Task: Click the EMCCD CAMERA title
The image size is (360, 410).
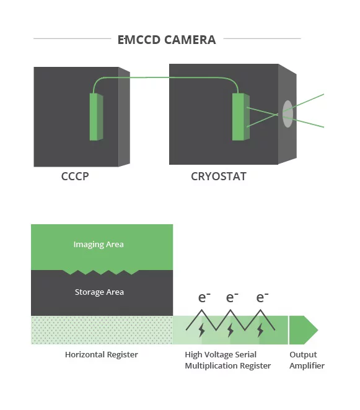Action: coord(167,40)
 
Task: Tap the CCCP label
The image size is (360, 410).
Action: coord(75,177)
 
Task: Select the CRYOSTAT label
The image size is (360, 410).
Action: coord(219,177)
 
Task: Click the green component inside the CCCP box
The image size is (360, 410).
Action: coord(96,116)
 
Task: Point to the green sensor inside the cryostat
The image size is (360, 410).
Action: coord(240,116)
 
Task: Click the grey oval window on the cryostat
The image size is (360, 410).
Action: coord(288,114)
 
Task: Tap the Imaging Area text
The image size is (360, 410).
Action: coord(99,245)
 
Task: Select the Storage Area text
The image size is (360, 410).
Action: coord(99,292)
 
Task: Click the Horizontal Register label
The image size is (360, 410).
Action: coord(101,354)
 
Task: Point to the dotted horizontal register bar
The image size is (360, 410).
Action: coord(102,330)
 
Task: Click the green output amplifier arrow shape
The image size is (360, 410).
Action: coord(304,330)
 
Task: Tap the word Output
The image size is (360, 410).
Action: coord(303,354)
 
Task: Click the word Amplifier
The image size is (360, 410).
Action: coord(307,365)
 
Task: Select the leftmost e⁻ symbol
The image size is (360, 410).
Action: coord(204,297)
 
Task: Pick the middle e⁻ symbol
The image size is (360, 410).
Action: coord(232,297)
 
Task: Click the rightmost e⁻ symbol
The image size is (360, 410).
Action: coord(262,297)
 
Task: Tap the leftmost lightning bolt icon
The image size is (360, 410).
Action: coord(202,330)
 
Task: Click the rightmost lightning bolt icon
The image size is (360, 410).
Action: coord(260,330)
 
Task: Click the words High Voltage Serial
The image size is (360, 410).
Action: coord(221,354)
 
